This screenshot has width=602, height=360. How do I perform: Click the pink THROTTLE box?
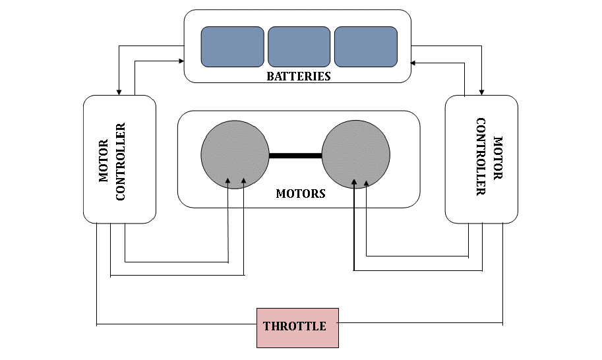[297, 328]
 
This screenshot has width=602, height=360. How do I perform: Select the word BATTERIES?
[299, 76]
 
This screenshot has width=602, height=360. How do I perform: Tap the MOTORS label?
[301, 193]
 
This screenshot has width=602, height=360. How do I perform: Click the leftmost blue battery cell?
[232, 47]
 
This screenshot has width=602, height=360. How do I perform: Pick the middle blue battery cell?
[299, 47]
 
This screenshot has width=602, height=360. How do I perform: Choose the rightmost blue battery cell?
[366, 47]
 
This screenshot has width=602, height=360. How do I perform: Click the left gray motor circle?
[235, 155]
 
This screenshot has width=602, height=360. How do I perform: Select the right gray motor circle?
[356, 155]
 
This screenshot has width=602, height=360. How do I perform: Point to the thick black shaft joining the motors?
[295, 156]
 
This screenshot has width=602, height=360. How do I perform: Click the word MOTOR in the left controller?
[104, 161]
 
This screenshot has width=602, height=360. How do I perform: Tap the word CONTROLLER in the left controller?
[121, 162]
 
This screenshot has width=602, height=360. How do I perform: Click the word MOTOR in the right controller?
[498, 158]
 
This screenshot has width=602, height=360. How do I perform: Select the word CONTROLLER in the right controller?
[481, 156]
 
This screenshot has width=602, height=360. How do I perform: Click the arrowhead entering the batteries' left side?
[181, 61]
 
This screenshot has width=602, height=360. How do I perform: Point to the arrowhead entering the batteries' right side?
[413, 63]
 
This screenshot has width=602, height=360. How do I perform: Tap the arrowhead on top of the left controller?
[119, 92]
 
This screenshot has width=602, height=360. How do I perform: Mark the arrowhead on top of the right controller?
[481, 92]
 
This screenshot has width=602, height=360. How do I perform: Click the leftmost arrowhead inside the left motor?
[228, 181]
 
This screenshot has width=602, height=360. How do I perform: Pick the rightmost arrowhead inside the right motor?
[366, 183]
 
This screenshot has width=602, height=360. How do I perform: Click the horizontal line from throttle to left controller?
[177, 324]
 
